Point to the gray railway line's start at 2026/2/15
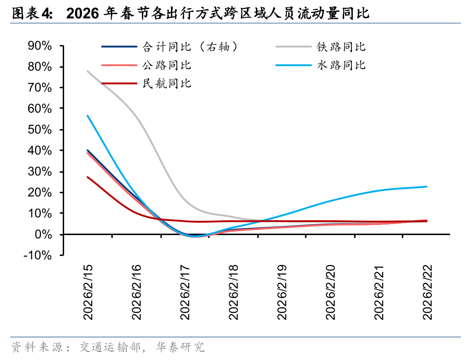87,71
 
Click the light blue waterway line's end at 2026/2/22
426,186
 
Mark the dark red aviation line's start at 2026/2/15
87,177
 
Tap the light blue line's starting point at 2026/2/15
87,115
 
